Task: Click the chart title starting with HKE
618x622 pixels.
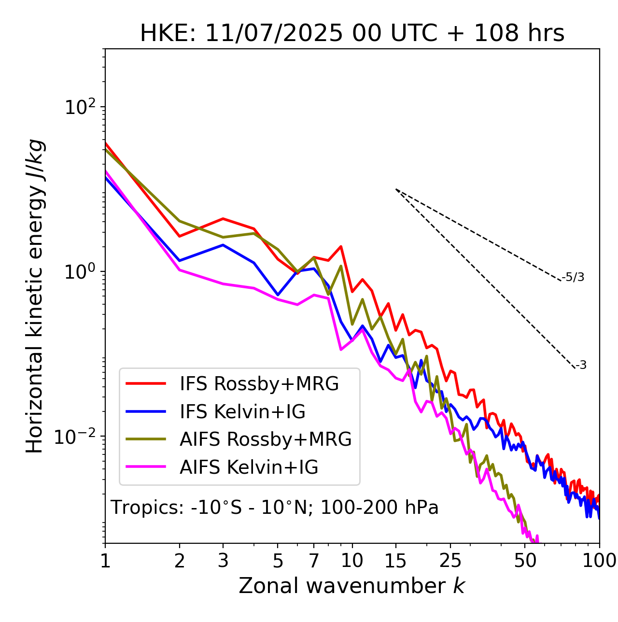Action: click(352, 34)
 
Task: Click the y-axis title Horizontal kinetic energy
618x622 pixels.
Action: click(35, 297)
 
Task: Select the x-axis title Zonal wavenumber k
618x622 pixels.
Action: click(352, 586)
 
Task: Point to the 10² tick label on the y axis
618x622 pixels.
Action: click(80, 107)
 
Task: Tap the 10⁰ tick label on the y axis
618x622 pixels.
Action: click(80, 272)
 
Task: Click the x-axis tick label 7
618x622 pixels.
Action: click(314, 560)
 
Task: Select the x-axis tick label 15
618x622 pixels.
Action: click(396, 560)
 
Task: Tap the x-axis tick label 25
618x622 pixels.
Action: click(450, 560)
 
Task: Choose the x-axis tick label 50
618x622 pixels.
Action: click(525, 560)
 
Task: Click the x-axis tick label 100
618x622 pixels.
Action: click(599, 560)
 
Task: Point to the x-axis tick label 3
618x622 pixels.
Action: click(223, 560)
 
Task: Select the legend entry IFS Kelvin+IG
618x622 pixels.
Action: click(243, 412)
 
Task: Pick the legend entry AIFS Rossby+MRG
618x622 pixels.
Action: click(266, 439)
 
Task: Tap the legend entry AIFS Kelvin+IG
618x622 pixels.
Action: click(249, 467)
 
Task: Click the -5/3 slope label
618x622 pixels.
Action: click(573, 277)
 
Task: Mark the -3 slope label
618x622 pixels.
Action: click(581, 366)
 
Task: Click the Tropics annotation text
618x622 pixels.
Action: click(275, 508)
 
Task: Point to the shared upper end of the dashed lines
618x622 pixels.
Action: click(396, 189)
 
